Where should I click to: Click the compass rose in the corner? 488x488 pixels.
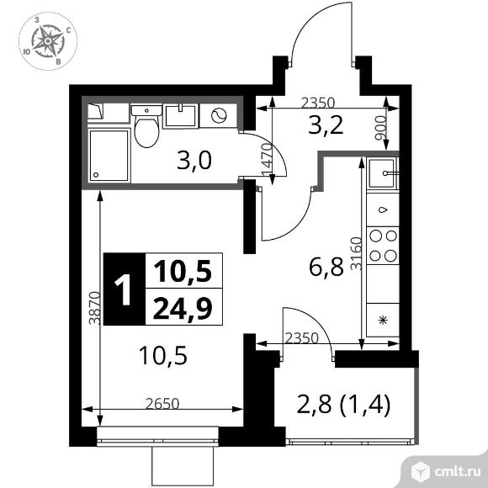pyautogui.click(x=48, y=41)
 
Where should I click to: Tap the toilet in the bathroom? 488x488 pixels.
pyautogui.click(x=146, y=126)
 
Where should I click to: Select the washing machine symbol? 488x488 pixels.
pyautogui.click(x=218, y=116)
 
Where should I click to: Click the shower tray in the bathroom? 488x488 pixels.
pyautogui.click(x=109, y=156)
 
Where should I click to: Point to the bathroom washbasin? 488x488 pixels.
pyautogui.click(x=180, y=116)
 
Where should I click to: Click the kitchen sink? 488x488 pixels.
pyautogui.click(x=383, y=173)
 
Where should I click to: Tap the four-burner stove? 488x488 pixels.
pyautogui.click(x=383, y=246)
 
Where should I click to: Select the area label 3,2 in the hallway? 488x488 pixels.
pyautogui.click(x=326, y=126)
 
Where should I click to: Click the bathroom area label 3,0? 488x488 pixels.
pyautogui.click(x=194, y=161)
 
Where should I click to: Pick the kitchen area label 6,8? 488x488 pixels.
pyautogui.click(x=326, y=268)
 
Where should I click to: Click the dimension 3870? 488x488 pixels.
pyautogui.click(x=94, y=308)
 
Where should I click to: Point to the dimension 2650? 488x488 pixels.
pyautogui.click(x=162, y=404)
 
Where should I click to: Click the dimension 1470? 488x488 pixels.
pyautogui.click(x=267, y=160)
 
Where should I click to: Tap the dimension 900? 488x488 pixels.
pyautogui.click(x=380, y=128)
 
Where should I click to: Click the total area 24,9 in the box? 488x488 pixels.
pyautogui.click(x=183, y=307)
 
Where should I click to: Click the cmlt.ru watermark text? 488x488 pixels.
pyautogui.click(x=457, y=472)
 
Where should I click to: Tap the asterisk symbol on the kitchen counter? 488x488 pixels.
pyautogui.click(x=383, y=321)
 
